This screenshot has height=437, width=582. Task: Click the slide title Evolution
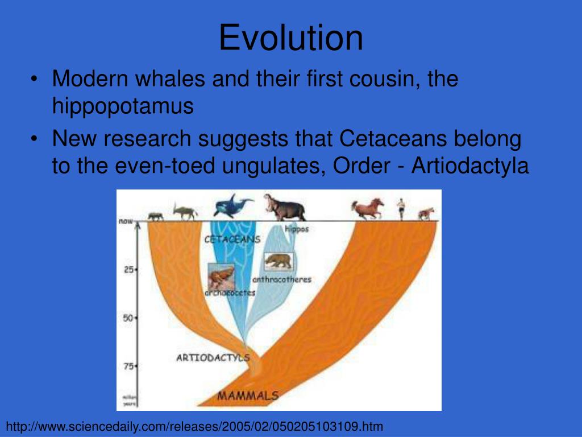(291, 38)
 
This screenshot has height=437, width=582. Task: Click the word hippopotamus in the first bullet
(123, 106)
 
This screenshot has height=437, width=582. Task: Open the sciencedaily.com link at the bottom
(195, 426)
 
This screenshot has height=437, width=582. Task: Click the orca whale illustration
(233, 205)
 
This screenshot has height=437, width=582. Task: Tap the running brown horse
(367, 209)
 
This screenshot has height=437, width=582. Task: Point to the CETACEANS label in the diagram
(232, 240)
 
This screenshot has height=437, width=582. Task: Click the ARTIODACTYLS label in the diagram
(213, 358)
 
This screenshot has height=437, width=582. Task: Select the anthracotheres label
(281, 279)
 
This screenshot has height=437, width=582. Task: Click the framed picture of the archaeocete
(222, 277)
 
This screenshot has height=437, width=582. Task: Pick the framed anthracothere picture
(278, 261)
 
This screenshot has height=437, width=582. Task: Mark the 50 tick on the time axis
(128, 318)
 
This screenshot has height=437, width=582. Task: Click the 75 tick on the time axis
(128, 366)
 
